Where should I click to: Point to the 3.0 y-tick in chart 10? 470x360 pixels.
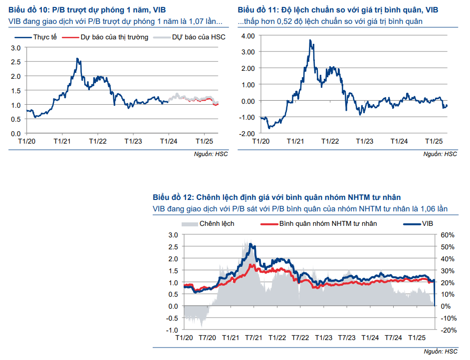click(16, 48)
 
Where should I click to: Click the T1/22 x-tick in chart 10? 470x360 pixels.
click(98, 141)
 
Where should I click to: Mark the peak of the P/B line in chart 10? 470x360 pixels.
click(77, 59)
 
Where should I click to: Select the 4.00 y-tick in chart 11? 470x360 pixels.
click(248, 36)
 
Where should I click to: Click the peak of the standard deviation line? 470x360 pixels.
click(310, 40)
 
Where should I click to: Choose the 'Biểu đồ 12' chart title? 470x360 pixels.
click(276, 197)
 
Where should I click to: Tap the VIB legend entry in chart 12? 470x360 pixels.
click(428, 223)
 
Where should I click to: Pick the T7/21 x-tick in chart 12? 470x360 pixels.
click(254, 338)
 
